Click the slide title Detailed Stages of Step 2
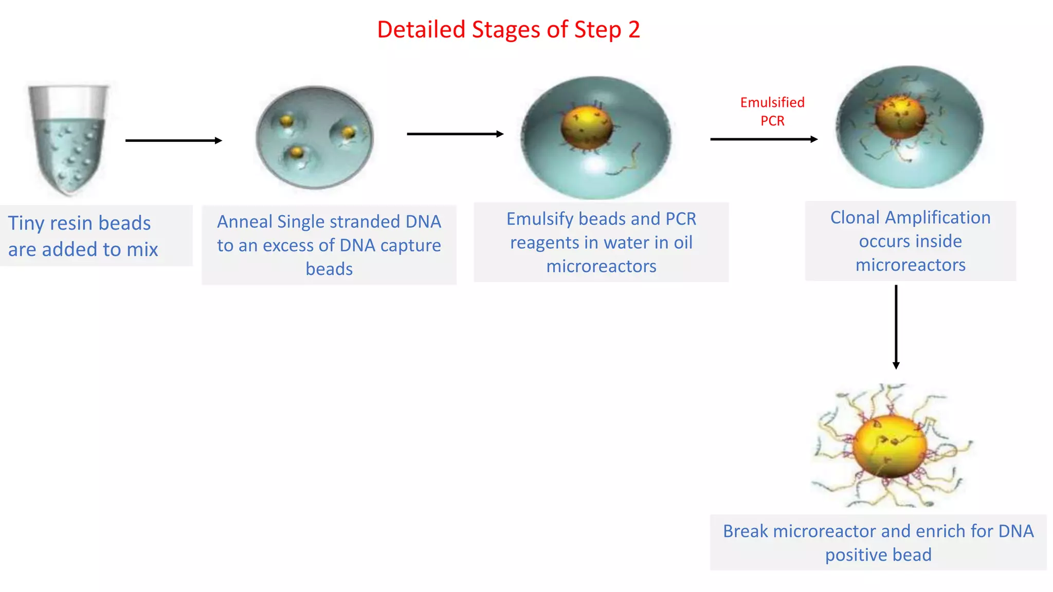tap(508, 30)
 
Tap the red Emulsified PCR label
tap(772, 112)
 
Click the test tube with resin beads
tap(68, 139)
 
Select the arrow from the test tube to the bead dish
tap(173, 140)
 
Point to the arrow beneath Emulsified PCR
tap(764, 139)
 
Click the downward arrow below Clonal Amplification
tap(896, 327)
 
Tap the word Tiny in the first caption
tap(26, 224)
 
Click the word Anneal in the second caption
tap(244, 221)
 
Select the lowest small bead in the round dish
tap(297, 153)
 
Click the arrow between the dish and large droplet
tap(455, 134)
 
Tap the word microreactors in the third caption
tap(601, 266)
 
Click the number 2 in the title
tap(633, 30)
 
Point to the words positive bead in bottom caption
tap(878, 555)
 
